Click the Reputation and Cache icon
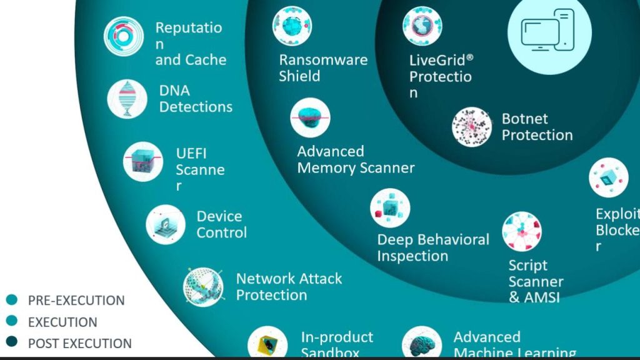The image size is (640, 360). coord(124,37)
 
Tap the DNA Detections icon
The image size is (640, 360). coord(127,99)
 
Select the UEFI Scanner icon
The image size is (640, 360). coord(143,161)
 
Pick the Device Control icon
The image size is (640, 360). coord(166,224)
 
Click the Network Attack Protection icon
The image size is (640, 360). coord(203,287)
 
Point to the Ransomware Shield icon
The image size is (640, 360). coord(292,26)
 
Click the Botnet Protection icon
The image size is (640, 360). coord(472,127)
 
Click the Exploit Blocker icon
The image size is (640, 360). coord(608,177)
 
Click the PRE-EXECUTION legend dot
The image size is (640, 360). coord(11,300)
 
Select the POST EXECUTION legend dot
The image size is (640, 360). coord(11,342)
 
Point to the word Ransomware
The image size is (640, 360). coord(323,60)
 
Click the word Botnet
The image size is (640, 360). coord(525,119)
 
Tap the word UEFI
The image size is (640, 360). coord(191,153)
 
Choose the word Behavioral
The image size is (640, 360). coord(453,239)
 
